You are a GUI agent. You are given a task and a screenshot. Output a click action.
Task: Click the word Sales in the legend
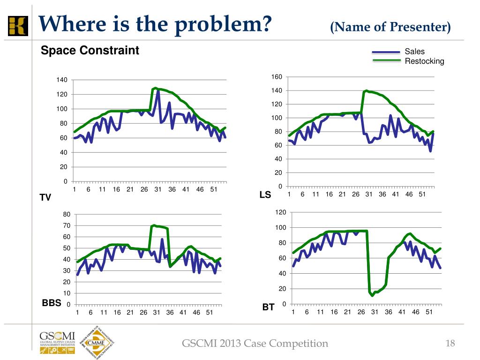point(414,52)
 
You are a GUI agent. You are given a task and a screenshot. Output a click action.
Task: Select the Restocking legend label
point(424,61)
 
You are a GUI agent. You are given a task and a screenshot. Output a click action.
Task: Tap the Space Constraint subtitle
point(90,51)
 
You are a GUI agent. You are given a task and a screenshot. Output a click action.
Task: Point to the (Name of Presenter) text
point(390,27)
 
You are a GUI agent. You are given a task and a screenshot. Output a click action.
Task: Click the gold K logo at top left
point(18,25)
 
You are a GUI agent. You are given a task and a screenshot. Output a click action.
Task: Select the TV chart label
point(45,197)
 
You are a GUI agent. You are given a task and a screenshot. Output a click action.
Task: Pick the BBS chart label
point(52,303)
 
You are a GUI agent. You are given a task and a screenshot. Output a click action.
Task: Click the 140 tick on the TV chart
point(62,80)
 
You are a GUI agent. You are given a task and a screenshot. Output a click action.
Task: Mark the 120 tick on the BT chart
point(280,213)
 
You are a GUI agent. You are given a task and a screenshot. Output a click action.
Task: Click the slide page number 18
point(450,344)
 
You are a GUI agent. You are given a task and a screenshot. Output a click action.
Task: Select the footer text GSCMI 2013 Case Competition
point(255,344)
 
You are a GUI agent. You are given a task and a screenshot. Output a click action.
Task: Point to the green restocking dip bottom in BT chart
point(372,295)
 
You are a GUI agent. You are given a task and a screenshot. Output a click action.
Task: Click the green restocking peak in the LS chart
point(366,90)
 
